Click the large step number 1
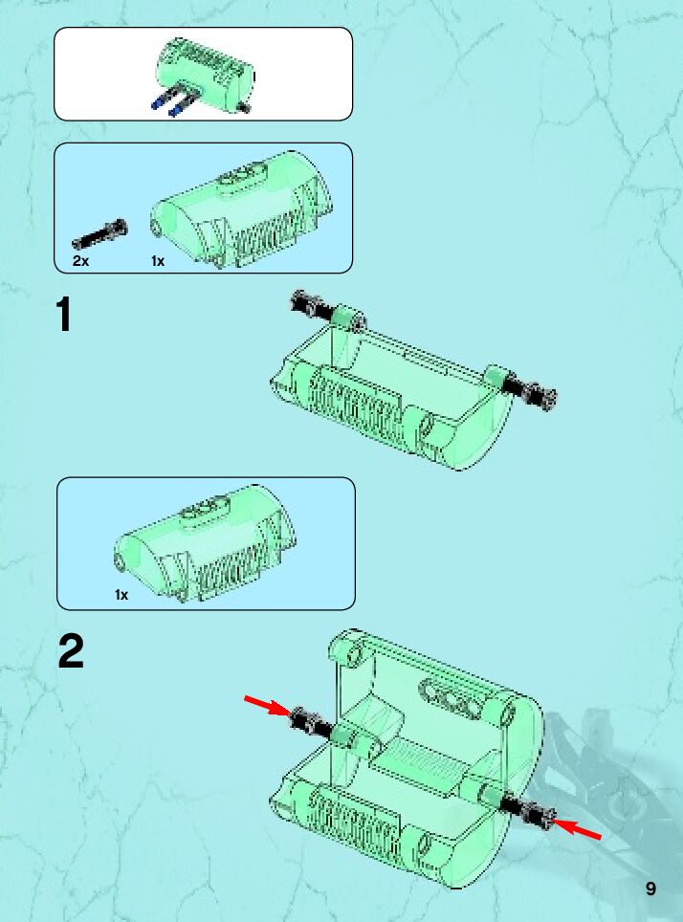[x=63, y=315]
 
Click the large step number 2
[x=71, y=651]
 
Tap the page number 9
[x=650, y=889]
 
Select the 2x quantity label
[x=80, y=261]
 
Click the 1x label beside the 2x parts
[x=158, y=261]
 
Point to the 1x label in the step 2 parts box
[x=121, y=595]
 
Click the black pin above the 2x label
[x=99, y=234]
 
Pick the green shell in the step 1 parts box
[x=241, y=209]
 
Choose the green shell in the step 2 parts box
[x=205, y=543]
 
